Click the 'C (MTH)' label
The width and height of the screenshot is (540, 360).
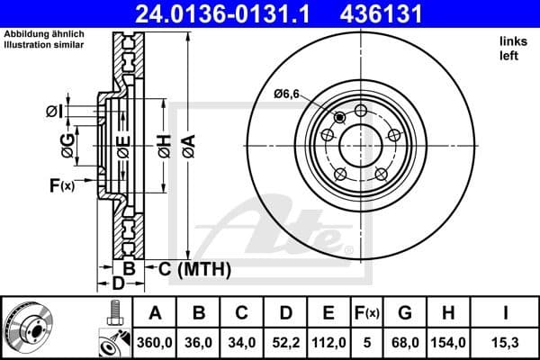[194, 268]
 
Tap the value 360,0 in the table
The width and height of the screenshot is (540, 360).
[155, 341]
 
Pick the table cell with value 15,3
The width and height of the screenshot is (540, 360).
[507, 341]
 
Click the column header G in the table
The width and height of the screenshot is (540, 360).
[404, 313]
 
